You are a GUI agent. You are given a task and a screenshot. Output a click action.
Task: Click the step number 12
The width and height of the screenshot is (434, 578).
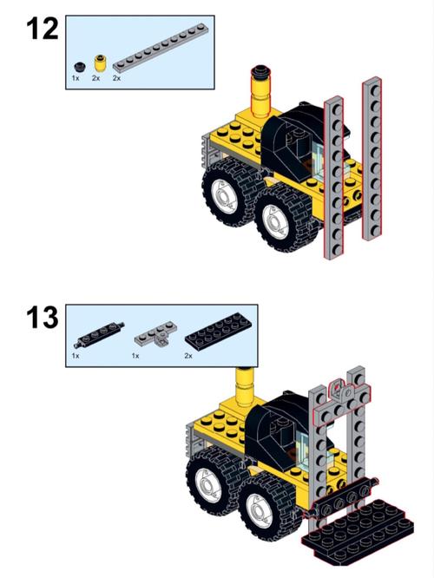coord(43,30)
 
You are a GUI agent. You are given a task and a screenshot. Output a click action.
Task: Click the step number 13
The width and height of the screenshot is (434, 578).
coord(43,318)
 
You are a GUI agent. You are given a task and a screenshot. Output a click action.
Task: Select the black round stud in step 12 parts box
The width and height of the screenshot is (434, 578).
coord(79,67)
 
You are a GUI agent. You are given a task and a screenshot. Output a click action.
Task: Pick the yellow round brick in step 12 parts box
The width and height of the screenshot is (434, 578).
coord(100,62)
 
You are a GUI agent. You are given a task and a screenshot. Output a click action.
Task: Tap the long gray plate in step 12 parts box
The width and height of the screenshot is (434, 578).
coord(159,47)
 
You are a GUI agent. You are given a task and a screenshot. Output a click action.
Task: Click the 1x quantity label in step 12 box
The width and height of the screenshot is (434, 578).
coord(76,78)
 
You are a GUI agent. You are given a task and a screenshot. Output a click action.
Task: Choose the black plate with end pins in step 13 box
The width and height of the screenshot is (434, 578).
coord(100,335)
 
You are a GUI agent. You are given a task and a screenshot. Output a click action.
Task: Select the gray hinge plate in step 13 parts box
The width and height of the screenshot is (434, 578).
coord(155,333)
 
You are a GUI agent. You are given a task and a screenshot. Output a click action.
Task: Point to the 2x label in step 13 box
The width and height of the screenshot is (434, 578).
coord(188,356)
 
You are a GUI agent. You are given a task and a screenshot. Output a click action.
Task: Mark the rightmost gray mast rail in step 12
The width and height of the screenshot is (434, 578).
coord(372,159)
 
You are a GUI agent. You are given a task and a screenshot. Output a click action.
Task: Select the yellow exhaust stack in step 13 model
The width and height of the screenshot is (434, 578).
coord(245,387)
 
